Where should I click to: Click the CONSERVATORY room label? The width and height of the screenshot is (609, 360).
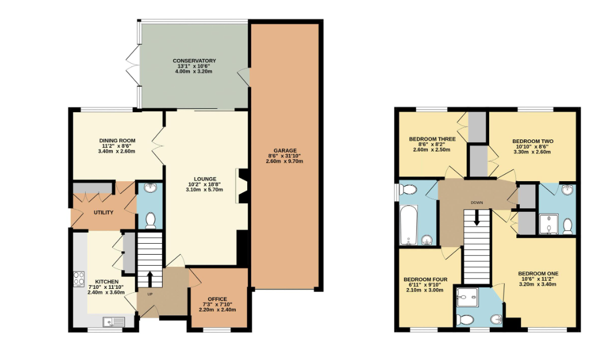point(194,61)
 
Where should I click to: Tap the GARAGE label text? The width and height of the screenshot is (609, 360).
point(285,150)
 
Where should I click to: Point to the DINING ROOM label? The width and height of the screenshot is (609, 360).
point(118,141)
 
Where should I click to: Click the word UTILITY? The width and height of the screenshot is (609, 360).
point(104,212)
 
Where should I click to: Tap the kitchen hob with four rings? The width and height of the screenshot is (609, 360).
point(79,278)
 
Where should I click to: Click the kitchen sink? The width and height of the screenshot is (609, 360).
point(114,322)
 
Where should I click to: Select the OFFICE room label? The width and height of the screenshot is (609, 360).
point(217,299)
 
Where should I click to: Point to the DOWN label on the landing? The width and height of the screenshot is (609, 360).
point(476,203)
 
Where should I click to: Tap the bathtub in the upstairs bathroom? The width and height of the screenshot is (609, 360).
point(408,226)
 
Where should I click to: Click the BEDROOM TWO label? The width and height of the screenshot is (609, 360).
point(533,141)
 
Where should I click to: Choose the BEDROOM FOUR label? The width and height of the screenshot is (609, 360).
point(425,280)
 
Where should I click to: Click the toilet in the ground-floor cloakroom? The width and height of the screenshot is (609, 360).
point(151,221)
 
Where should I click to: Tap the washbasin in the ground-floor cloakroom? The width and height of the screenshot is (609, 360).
point(149,188)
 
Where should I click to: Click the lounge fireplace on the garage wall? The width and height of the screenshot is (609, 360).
point(241,186)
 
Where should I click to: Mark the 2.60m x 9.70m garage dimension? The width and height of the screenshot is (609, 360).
point(284,161)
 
